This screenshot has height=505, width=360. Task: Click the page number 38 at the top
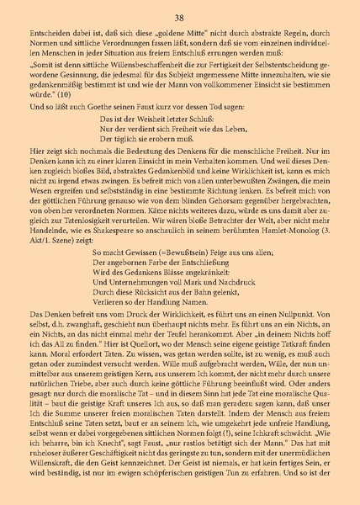(x=180, y=16)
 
